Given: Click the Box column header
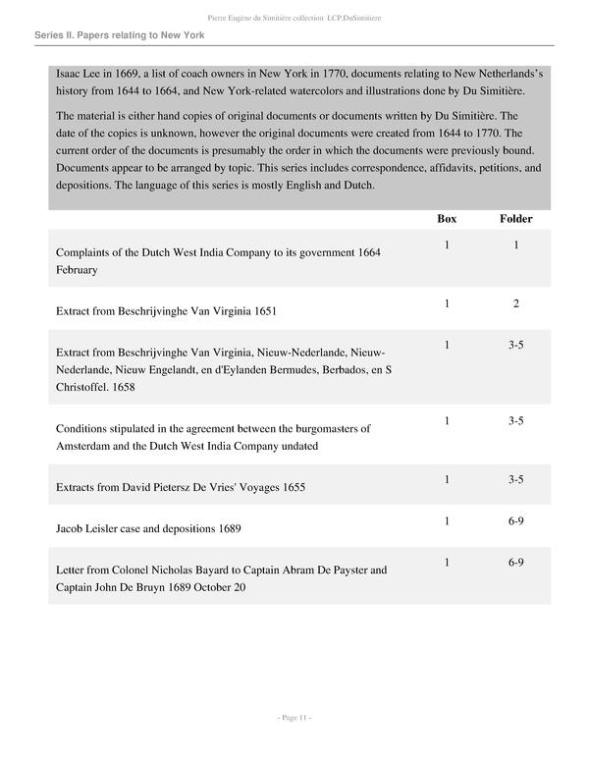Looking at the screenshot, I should [x=446, y=218].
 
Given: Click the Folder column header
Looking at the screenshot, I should [x=515, y=218].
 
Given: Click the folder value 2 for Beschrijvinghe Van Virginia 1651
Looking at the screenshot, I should [x=515, y=303].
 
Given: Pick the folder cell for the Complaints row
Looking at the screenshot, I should [x=515, y=245].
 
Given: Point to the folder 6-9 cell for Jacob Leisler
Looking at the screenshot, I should [x=515, y=520].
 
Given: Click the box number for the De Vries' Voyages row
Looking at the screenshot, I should [x=446, y=479].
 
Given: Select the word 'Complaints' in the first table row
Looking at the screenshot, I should [x=87, y=252].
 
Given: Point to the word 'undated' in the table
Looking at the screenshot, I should [x=298, y=447].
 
